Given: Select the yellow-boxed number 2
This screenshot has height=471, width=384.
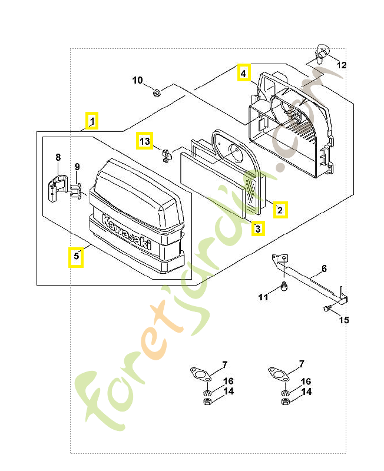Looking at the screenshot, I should tap(280, 209).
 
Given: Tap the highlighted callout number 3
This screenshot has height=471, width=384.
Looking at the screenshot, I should tap(258, 228).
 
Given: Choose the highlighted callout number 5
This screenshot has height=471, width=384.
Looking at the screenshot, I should tap(75, 257).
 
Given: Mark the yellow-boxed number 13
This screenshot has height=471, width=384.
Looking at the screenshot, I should tap(145, 141).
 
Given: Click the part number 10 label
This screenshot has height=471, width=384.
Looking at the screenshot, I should tap(137, 80).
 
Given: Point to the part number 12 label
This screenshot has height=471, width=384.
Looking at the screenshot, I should tap(342, 65).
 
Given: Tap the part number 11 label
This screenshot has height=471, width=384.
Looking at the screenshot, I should tap(263, 297).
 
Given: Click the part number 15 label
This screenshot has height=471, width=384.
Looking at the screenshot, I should tap(344, 320).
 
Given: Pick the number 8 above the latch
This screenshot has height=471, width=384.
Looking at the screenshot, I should tap(58, 157).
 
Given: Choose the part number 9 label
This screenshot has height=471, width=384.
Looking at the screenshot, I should tap(77, 168).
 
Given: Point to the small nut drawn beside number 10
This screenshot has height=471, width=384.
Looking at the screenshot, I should tap(157, 92).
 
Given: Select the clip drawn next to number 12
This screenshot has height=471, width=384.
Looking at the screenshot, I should tap(321, 54).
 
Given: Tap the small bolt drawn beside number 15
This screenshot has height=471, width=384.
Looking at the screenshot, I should tap(326, 308).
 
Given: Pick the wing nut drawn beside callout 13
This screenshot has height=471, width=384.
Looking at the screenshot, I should tap(165, 155).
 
